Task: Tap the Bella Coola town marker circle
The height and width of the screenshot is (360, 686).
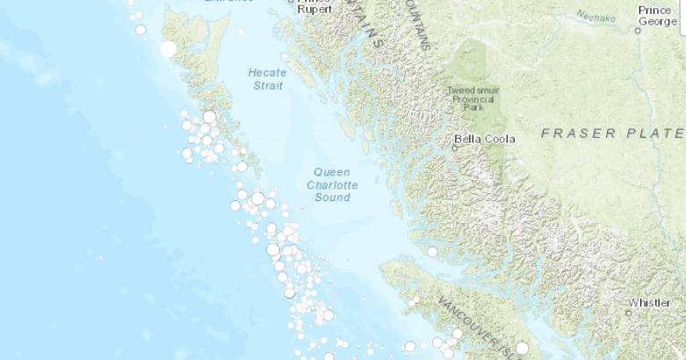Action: (x=455, y=148)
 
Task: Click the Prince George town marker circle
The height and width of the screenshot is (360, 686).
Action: (x=639, y=30)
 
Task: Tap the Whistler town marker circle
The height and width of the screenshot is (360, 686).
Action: (x=629, y=313)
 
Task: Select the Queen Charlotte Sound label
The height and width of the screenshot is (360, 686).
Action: (x=332, y=184)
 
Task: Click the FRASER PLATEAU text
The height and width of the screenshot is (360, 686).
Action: (x=612, y=133)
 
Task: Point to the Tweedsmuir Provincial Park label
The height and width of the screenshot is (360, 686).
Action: (x=474, y=99)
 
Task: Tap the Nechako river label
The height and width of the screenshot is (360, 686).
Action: (x=597, y=15)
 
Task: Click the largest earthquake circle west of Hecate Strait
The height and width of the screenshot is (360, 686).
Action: (x=168, y=49)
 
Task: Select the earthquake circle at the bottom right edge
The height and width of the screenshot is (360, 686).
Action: (x=523, y=349)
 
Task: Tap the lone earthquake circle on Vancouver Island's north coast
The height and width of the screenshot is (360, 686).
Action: (x=432, y=252)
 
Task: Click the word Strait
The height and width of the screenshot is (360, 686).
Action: (x=268, y=85)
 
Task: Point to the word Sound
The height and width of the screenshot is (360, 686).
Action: (x=332, y=198)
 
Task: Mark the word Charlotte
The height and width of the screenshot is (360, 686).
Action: (x=332, y=185)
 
